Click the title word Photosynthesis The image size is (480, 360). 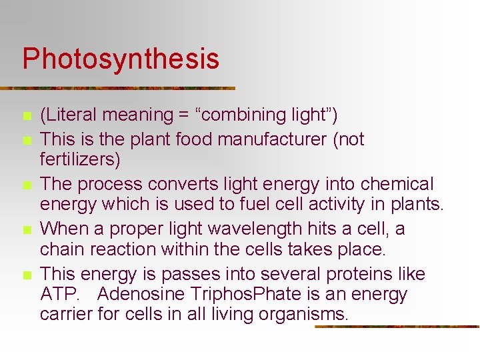click(121, 59)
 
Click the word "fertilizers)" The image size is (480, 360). click(80, 160)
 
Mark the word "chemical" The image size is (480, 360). click(393, 184)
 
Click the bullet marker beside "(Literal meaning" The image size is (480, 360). click(27, 116)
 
